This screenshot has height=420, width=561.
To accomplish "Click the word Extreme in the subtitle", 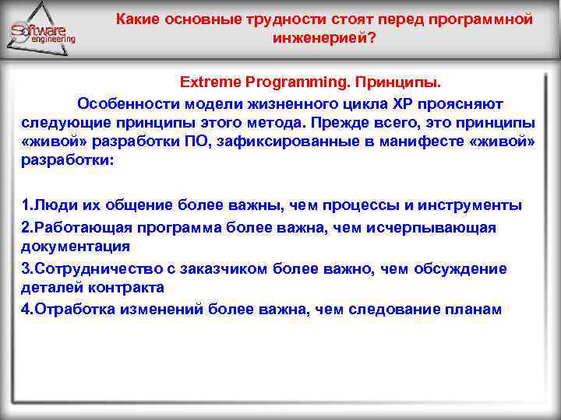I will tap(206, 82).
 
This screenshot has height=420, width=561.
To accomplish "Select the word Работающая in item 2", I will tap(76, 227).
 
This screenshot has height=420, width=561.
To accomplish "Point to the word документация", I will tap(75, 247).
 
